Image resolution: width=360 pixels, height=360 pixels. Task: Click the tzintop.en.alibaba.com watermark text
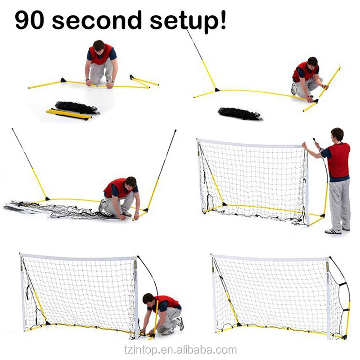click(180, 350)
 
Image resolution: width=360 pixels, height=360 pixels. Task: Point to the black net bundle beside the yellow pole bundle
click(76, 107)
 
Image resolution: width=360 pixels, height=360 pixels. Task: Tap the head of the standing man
click(337, 134)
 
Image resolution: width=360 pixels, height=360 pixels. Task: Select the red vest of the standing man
click(338, 160)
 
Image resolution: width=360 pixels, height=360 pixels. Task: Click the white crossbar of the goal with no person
click(270, 258)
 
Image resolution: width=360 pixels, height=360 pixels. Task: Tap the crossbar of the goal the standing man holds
click(252, 143)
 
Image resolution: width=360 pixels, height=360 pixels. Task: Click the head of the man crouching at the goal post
click(148, 298)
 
